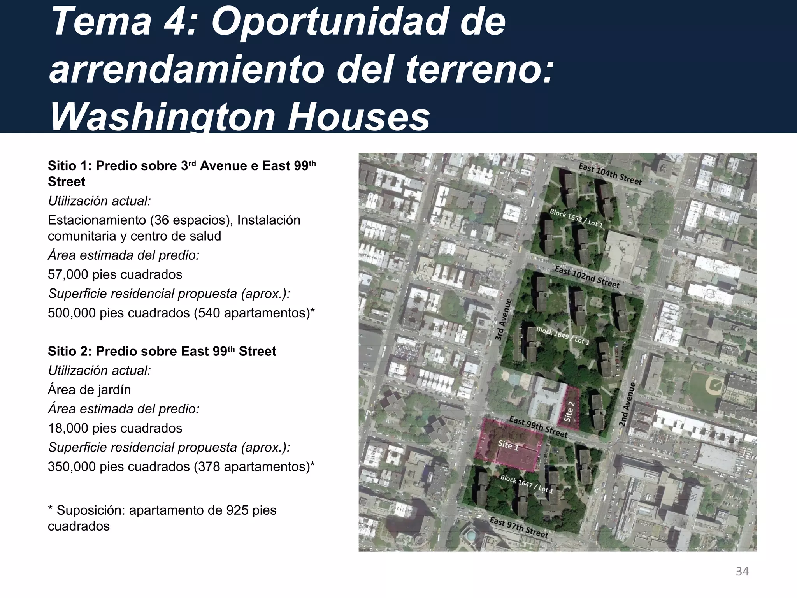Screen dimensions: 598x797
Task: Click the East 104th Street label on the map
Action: pyautogui.click(x=610, y=174)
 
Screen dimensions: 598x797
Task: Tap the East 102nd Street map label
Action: pyautogui.click(x=587, y=277)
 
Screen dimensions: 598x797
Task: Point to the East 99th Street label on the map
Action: pyautogui.click(x=538, y=427)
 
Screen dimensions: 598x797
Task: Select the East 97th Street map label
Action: pyautogui.click(x=519, y=528)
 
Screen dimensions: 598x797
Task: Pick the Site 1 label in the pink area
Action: pyautogui.click(x=508, y=445)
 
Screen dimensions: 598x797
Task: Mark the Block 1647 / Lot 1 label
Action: pyautogui.click(x=527, y=484)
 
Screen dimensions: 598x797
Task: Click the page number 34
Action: pyautogui.click(x=742, y=571)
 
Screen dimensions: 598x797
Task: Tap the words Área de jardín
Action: pyautogui.click(x=89, y=390)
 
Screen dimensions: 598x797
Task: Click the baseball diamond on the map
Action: pyautogui.click(x=715, y=385)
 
